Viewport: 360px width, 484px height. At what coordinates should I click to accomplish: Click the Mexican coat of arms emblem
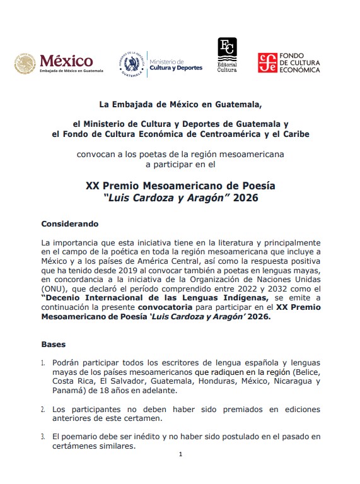pos(26,64)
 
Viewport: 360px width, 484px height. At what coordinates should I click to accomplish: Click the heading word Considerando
pos(70,223)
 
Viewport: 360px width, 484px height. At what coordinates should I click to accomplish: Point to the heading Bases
pos(53,345)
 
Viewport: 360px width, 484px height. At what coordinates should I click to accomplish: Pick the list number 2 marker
pos(43,410)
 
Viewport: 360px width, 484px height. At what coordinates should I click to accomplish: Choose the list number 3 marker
pos(43,436)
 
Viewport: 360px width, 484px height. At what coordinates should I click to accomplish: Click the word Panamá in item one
pos(57,390)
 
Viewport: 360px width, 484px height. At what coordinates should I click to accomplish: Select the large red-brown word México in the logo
pos(66,61)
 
